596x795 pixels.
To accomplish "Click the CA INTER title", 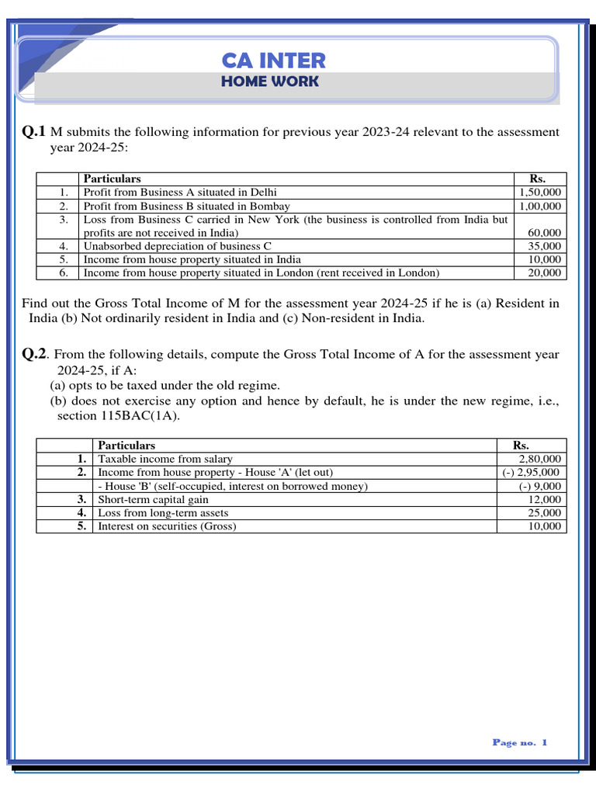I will [273, 61].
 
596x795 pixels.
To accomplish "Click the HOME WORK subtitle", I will [269, 82].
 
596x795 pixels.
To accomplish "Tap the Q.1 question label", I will [34, 132].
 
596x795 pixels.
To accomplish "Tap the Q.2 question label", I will [35, 354].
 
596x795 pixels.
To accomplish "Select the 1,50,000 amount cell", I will [542, 192].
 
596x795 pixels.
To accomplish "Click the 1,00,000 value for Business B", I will [542, 206].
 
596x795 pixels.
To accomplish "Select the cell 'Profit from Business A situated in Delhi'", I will [180, 192].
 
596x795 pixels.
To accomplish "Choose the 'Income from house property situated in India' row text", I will [192, 259].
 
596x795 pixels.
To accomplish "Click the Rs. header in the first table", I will [537, 179].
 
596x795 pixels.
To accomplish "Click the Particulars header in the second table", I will [126, 446].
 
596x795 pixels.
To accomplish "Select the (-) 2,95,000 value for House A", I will [530, 472].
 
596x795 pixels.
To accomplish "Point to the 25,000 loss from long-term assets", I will [544, 512].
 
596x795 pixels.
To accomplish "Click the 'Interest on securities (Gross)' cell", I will [167, 526].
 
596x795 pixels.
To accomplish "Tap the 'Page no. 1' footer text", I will [519, 742].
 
